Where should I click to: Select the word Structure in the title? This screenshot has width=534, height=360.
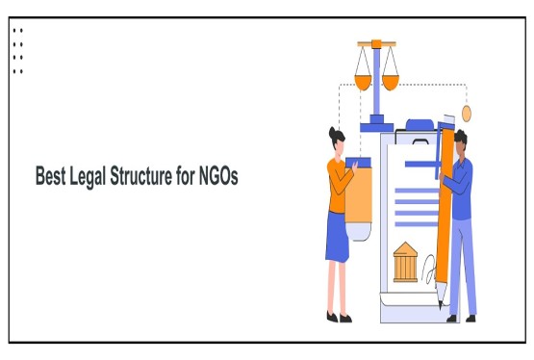150,177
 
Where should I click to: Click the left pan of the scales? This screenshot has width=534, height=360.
364,81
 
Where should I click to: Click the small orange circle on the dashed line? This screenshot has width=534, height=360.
467,115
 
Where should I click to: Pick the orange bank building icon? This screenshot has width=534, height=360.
406,263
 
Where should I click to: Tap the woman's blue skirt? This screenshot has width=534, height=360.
337,237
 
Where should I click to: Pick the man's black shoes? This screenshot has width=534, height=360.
461,318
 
